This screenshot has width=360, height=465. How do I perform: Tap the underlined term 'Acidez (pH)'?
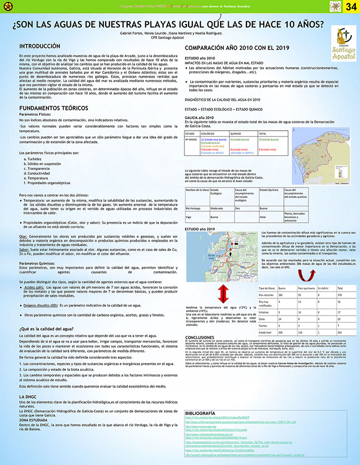[34, 287]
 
